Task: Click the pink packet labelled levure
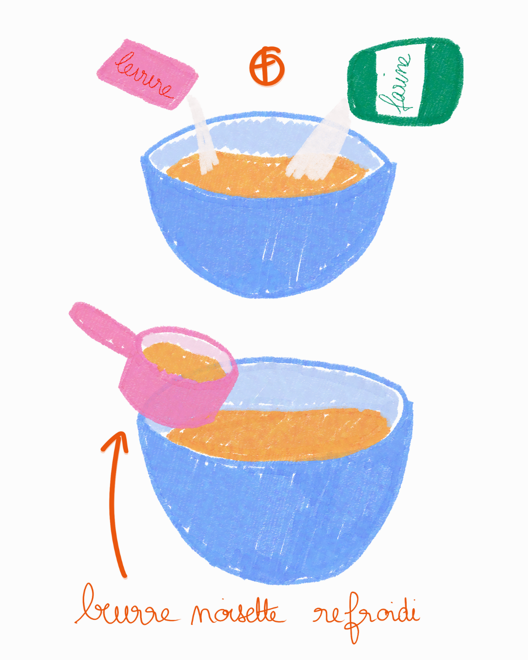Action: pos(148,74)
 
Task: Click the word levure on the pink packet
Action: pos(144,75)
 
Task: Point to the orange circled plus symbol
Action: pos(266,66)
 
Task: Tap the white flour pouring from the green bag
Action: pos(319,142)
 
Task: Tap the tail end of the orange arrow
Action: pos(125,576)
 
